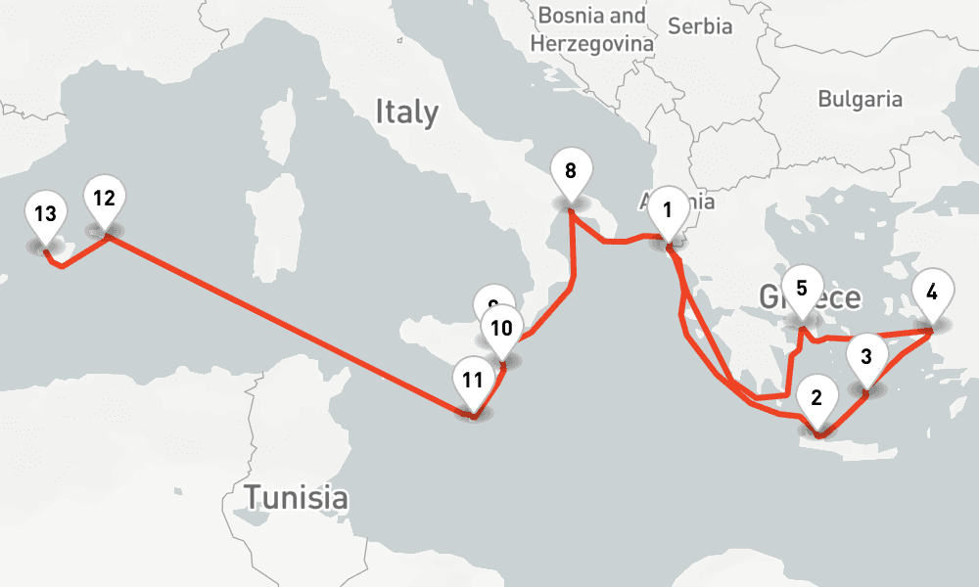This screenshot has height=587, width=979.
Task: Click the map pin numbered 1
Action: click(668, 210)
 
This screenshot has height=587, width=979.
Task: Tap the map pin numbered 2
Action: click(816, 400)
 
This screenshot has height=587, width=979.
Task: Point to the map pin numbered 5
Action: click(802, 291)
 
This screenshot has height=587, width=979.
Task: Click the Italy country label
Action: click(406, 113)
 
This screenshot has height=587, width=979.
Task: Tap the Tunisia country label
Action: click(296, 497)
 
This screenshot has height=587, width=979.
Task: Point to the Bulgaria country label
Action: click(860, 99)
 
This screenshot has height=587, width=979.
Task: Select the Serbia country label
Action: click(700, 26)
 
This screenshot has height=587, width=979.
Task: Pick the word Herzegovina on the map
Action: click(591, 44)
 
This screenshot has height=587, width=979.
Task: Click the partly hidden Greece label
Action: click(832, 297)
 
